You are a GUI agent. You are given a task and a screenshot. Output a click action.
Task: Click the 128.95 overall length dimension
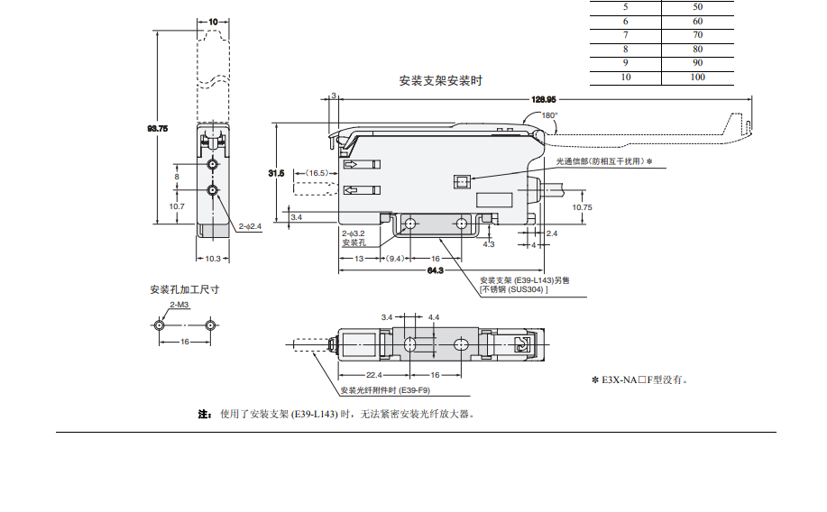click(x=543, y=99)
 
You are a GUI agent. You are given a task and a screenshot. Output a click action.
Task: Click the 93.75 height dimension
click(x=158, y=128)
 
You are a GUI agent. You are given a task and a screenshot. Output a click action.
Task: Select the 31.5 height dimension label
click(x=276, y=173)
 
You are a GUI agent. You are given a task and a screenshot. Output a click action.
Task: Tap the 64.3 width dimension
click(x=435, y=270)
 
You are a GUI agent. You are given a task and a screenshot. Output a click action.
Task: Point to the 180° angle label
click(x=549, y=115)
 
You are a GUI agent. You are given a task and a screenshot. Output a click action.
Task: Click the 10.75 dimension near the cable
click(x=583, y=207)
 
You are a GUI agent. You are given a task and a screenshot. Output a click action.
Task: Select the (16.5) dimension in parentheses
click(x=317, y=173)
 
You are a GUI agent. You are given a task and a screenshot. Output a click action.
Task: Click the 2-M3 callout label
click(x=179, y=305)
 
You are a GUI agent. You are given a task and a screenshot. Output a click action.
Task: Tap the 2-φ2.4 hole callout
click(x=250, y=226)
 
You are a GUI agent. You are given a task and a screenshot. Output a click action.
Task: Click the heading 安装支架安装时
click(x=440, y=80)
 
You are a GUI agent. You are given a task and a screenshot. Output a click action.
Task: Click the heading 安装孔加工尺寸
click(x=185, y=289)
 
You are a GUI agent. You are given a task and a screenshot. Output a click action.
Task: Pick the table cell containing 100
click(x=697, y=77)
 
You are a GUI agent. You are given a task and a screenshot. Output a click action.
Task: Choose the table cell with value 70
click(x=697, y=35)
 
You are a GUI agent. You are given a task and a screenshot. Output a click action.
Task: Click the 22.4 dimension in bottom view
click(x=374, y=375)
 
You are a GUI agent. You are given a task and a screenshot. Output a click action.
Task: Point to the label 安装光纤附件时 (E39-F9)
click(x=385, y=390)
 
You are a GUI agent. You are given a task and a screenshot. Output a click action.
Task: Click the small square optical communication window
click(x=461, y=182)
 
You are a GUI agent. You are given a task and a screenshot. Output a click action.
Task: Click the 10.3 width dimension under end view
click(x=213, y=259)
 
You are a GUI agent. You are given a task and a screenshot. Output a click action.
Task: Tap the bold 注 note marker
click(x=204, y=414)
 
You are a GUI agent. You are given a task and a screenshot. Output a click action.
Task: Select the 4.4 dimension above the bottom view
click(x=434, y=317)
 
